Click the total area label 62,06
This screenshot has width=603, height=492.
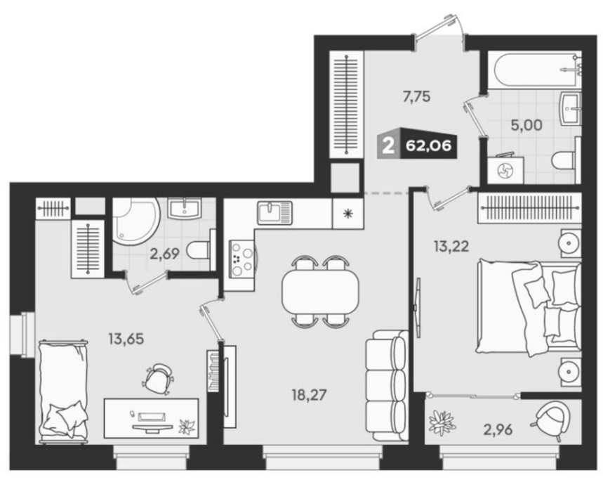pos(428,146)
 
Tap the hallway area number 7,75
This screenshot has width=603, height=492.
pos(416,97)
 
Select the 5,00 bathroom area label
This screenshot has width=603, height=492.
pos(526,124)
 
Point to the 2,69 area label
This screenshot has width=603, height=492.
pos(164,254)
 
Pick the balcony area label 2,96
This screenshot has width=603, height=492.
pos(498,429)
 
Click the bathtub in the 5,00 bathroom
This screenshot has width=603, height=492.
pos(534,70)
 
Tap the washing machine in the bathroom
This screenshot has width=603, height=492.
pos(505,169)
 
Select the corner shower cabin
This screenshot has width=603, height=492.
pos(135,221)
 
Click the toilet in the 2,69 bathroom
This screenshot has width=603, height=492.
pos(201,250)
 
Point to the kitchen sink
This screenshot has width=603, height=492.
pos(274,213)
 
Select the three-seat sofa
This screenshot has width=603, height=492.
pos(386,385)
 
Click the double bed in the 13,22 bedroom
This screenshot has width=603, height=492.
pos(529,307)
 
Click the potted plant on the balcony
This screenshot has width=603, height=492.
pos(442,422)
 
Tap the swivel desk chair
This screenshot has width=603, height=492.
pos(158,379)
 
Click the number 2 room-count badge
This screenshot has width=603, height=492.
pos(388,146)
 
